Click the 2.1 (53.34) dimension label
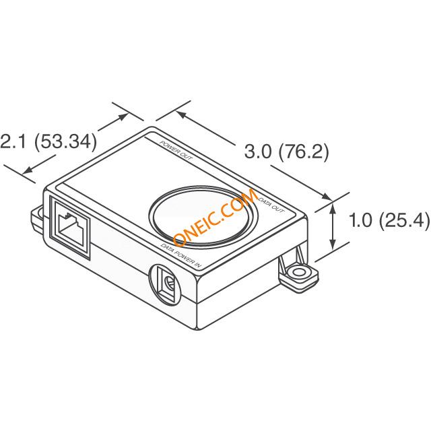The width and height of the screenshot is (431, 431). tap(48, 142)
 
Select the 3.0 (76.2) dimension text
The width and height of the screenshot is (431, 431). tap(286, 152)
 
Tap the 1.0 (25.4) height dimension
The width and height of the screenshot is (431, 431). tap(389, 220)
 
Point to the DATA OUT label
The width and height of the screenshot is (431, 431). tap(271, 205)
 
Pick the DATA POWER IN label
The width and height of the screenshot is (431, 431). tap(182, 255)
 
